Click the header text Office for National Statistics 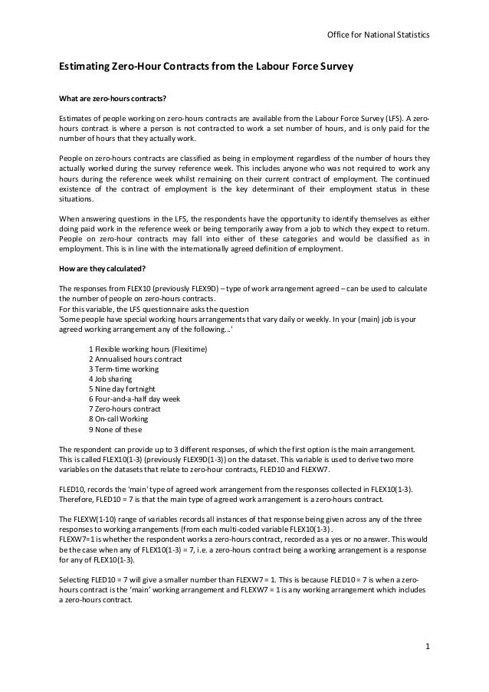[x=378, y=35]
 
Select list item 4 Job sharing [x=110, y=379]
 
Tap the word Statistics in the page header [x=412, y=35]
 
